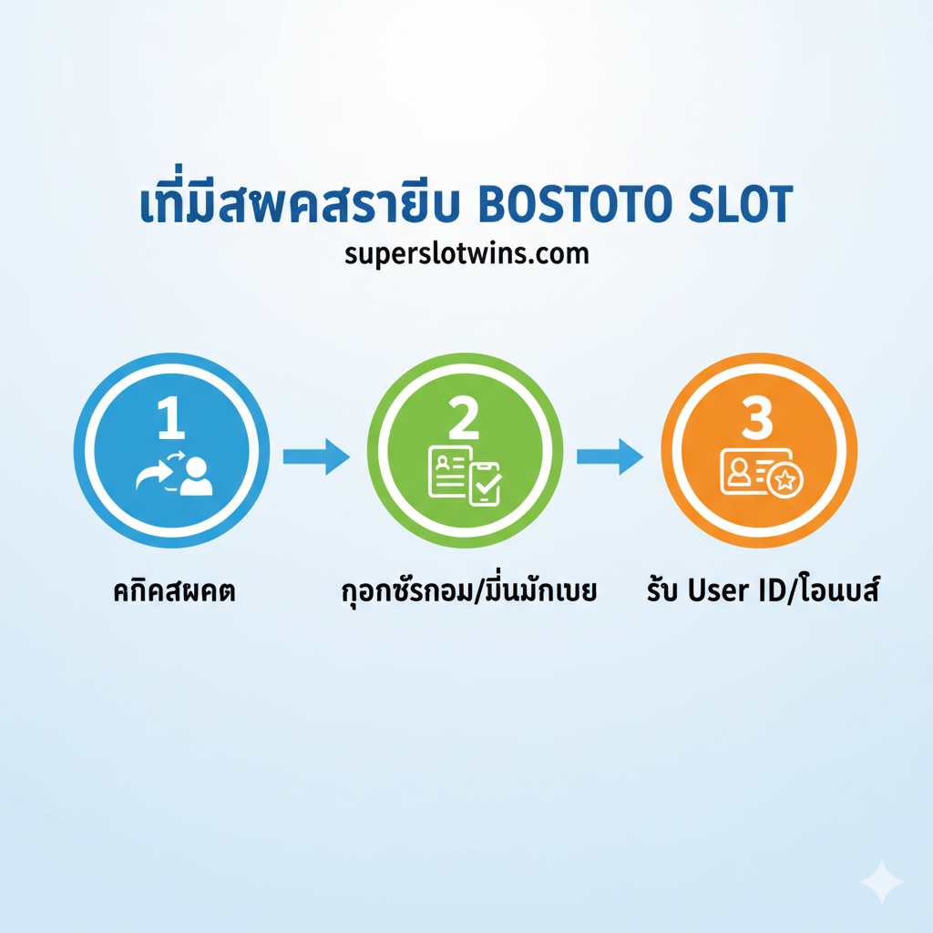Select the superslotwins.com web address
(x=466, y=252)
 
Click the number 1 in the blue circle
(x=171, y=418)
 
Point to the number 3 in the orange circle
(x=757, y=418)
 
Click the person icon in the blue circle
(x=196, y=476)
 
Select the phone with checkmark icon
(x=485, y=483)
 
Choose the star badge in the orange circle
(x=784, y=480)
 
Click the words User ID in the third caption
(x=732, y=591)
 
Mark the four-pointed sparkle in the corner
(x=881, y=881)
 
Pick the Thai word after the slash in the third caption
(x=838, y=591)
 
